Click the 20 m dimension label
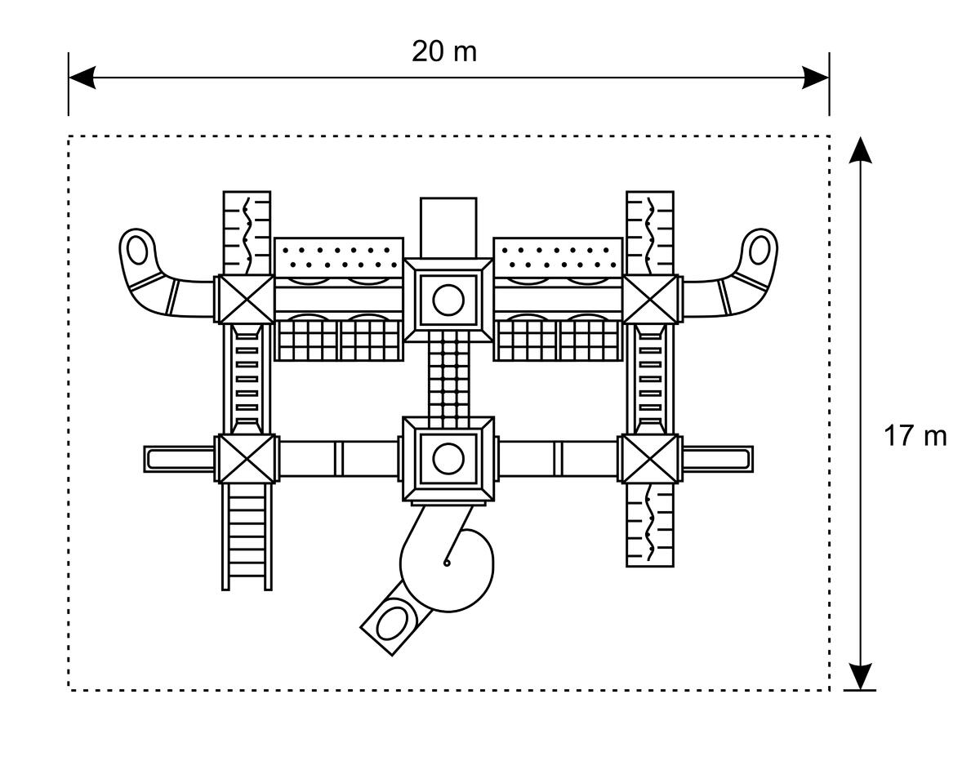[x=443, y=51]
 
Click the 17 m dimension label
[x=915, y=436]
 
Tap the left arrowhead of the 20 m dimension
[x=82, y=77]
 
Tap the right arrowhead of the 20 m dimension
[x=815, y=77]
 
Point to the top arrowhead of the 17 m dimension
[x=860, y=150]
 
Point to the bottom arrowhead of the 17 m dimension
[x=860, y=676]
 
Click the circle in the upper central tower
[x=448, y=300]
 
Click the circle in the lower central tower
[x=448, y=459]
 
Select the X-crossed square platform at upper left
[x=246, y=300]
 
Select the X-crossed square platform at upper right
[x=650, y=300]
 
